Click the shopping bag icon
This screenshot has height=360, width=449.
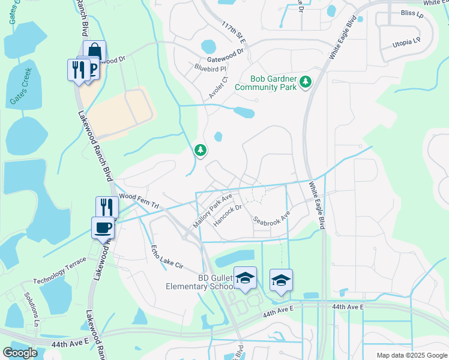tap(94, 51)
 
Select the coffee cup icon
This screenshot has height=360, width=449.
tap(102, 228)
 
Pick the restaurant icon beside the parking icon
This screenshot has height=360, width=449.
tap(78, 69)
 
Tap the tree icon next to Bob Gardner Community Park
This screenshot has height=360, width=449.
tap(306, 81)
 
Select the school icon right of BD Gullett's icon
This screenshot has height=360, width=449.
tap(280, 280)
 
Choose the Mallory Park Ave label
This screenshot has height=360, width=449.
tap(212, 209)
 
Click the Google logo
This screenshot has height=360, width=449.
tap(20, 353)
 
